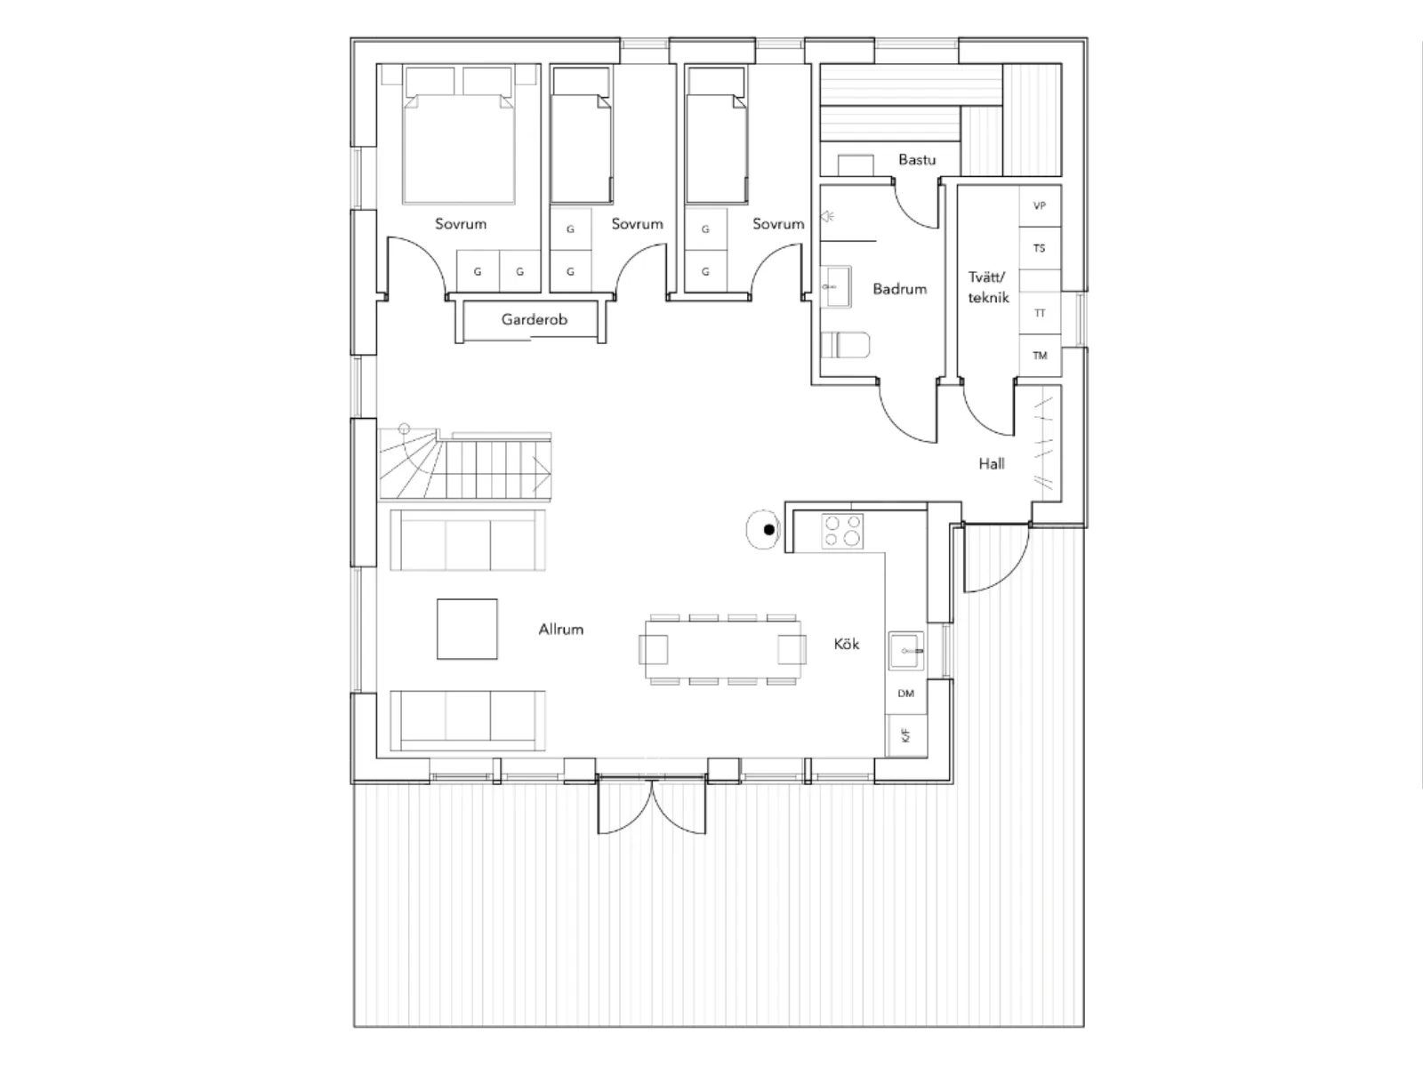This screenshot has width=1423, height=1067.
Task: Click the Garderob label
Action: pos(535,319)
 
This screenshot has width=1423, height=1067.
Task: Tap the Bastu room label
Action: pos(917,159)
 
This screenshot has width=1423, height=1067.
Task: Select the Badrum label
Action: pos(899,289)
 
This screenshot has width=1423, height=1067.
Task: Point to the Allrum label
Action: pos(561,629)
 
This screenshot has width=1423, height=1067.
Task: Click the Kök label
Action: pos(846,643)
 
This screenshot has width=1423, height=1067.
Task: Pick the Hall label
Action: pos(992,463)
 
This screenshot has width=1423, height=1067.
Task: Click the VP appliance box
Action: pos(1040,205)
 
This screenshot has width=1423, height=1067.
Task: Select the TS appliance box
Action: pos(1040,248)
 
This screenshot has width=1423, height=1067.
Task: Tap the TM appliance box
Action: pos(1040,355)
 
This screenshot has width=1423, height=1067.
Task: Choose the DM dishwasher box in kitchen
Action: pos(906,694)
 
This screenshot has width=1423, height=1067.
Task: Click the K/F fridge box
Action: pos(906,735)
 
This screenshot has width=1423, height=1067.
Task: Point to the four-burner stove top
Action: pos(842,531)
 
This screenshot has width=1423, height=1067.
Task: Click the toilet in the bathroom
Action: pos(845,345)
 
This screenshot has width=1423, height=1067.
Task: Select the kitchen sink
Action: pos(906,651)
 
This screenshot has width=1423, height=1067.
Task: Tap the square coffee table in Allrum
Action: pos(467,629)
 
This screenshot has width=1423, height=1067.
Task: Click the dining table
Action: pos(722,650)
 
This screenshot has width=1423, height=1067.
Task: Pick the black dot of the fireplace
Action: pos(769,530)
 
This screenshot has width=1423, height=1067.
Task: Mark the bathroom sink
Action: pos(836,286)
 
